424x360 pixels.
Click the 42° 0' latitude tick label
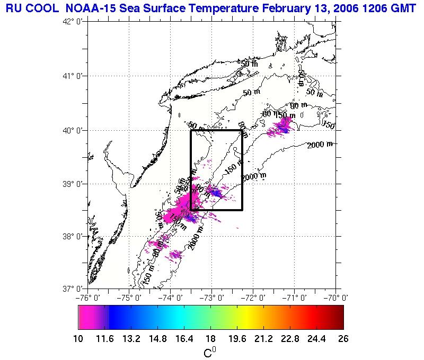[70, 22]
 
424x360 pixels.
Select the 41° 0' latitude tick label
[70, 76]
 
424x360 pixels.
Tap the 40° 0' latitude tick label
[70, 130]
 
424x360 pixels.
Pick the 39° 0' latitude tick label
[70, 184]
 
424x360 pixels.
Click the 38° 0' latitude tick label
[70, 236]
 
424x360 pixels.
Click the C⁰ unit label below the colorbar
[210, 352]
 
